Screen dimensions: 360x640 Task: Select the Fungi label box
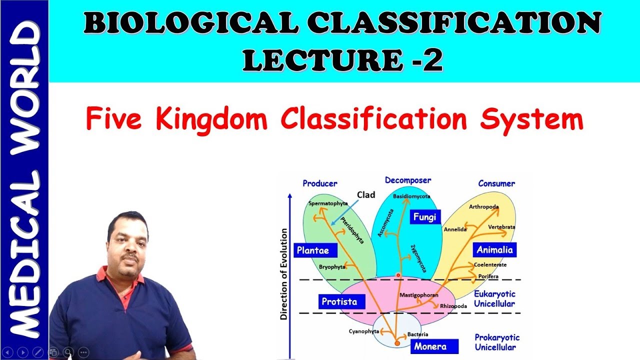(x=425, y=217)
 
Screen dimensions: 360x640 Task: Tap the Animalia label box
(x=494, y=249)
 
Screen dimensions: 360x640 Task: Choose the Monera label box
(x=430, y=346)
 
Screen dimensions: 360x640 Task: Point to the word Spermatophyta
(x=328, y=203)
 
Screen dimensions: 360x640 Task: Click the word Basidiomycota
(x=411, y=196)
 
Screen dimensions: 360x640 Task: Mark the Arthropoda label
(x=483, y=206)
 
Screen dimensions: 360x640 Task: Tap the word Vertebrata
(x=501, y=227)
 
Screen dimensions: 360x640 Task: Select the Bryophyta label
(x=332, y=267)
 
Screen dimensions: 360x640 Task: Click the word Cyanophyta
(x=363, y=331)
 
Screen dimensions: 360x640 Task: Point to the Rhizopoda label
(x=453, y=306)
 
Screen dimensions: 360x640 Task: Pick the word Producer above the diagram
(x=320, y=183)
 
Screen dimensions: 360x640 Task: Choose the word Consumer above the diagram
(x=496, y=183)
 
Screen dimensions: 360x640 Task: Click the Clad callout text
(x=366, y=195)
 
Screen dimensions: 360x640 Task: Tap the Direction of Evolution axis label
(x=284, y=274)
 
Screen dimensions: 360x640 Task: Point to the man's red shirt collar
(x=102, y=274)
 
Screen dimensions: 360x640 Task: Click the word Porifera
(x=488, y=276)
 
